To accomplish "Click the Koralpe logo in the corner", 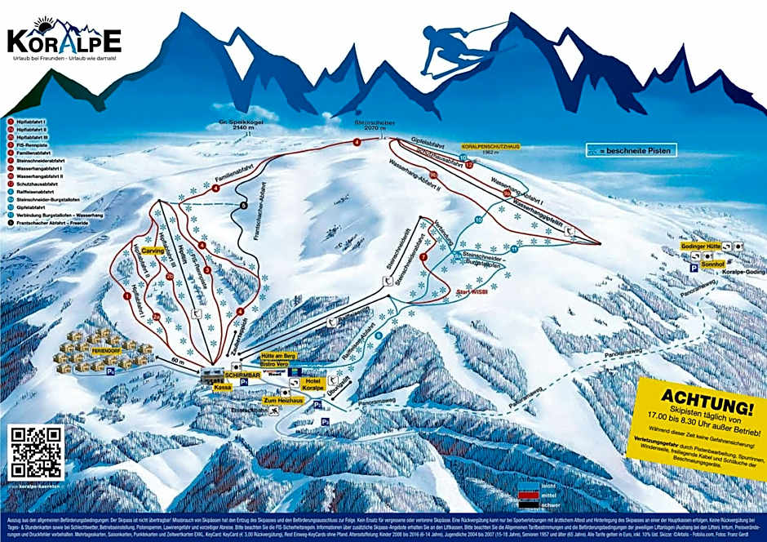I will pos(64,39).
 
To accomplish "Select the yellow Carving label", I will pos(153,251).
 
